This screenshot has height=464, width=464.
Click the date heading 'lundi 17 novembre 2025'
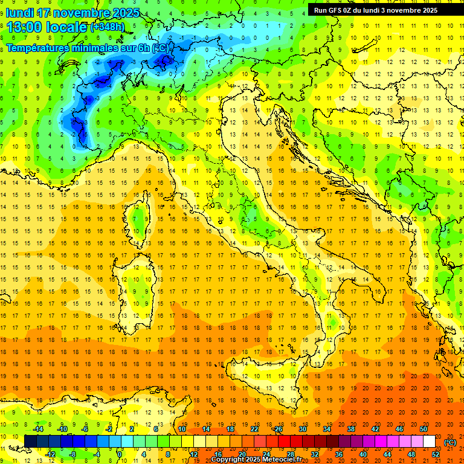pos(72,13)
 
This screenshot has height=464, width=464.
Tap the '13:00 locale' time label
pos(47,27)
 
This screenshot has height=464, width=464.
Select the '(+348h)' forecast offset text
pos(109,27)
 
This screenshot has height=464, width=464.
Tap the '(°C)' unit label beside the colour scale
pos(449,442)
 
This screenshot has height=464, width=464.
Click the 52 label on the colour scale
pos(436,454)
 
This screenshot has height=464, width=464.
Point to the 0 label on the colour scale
pos(120,454)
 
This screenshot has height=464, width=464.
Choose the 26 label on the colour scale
pos(279,429)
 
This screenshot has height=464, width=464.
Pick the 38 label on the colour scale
pos(351,429)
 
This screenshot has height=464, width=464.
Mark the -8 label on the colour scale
pos(72,454)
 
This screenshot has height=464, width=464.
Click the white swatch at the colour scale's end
pos(430,441)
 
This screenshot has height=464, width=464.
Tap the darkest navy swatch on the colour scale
pos(30,441)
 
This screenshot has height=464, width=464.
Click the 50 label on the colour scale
pos(424,429)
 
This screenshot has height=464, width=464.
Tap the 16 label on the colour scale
pos(218,454)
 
